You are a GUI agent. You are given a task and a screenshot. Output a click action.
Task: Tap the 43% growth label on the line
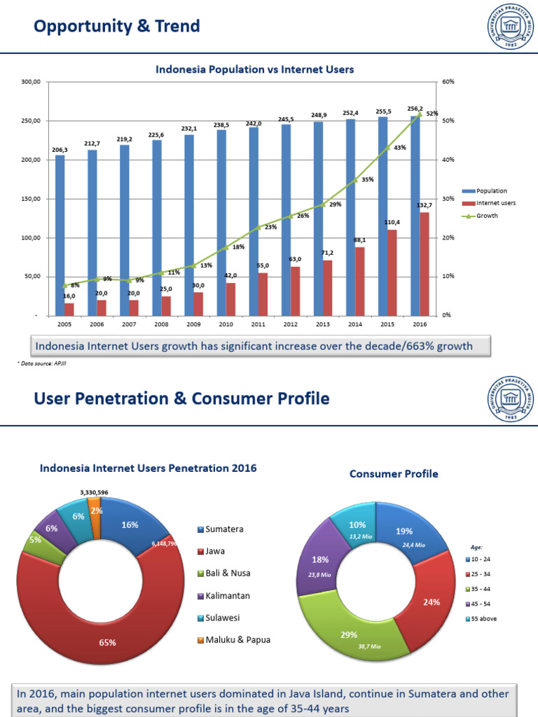[400, 148]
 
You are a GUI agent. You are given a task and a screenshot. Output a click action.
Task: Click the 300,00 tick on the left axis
[32, 82]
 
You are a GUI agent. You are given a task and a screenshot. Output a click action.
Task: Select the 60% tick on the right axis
[448, 82]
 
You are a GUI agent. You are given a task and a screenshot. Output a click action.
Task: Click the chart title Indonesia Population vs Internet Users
[254, 69]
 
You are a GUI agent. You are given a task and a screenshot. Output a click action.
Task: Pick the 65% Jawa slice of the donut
[107, 641]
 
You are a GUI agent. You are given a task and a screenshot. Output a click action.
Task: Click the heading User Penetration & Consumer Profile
[182, 399]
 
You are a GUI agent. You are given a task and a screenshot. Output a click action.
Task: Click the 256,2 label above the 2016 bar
[416, 109]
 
